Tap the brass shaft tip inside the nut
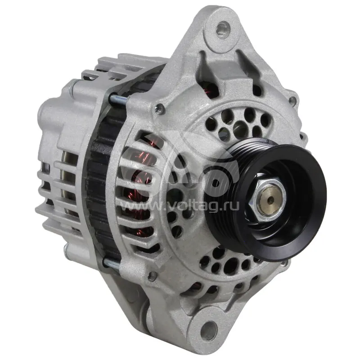(270, 199)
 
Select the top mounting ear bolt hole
(223, 28)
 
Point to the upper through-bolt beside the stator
(117, 100)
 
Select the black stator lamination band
(103, 175)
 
